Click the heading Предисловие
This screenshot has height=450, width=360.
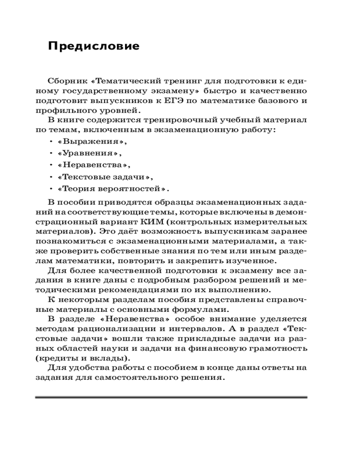(94, 46)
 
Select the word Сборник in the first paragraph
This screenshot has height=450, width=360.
(66, 81)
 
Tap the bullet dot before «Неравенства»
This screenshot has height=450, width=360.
(50, 165)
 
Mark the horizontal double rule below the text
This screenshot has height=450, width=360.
(171, 397)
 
